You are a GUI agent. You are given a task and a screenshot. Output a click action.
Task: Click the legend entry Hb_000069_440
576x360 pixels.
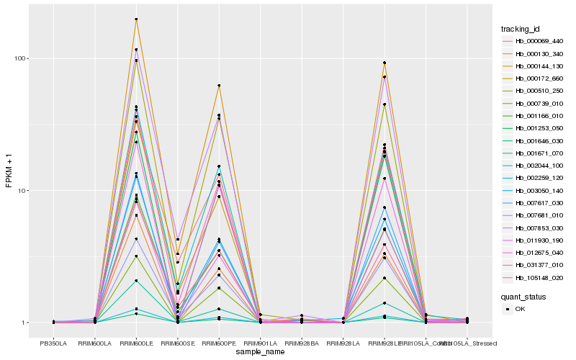pyautogui.click(x=539, y=41)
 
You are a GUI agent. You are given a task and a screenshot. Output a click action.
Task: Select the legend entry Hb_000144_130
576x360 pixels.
pyautogui.click(x=539, y=66)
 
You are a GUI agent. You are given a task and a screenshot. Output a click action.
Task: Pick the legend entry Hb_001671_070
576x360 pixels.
pyautogui.click(x=539, y=153)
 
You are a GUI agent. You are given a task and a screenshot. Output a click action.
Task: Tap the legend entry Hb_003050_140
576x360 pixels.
pyautogui.click(x=539, y=191)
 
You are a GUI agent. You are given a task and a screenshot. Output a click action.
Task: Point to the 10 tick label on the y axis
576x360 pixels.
pyautogui.click(x=22, y=191)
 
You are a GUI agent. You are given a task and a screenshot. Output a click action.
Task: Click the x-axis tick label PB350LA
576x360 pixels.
pyautogui.click(x=53, y=343)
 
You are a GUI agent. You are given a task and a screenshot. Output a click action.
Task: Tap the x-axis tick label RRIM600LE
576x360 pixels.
pyautogui.click(x=136, y=343)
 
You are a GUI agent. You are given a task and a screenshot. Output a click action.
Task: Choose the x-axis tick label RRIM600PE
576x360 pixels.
pyautogui.click(x=219, y=343)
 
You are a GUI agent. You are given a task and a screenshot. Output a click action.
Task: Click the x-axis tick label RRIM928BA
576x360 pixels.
pyautogui.click(x=302, y=343)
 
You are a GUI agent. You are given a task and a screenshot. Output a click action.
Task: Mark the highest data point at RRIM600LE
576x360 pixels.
pyautogui.click(x=136, y=19)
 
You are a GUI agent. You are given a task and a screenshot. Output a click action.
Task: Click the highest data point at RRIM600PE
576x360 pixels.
pyautogui.click(x=219, y=86)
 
